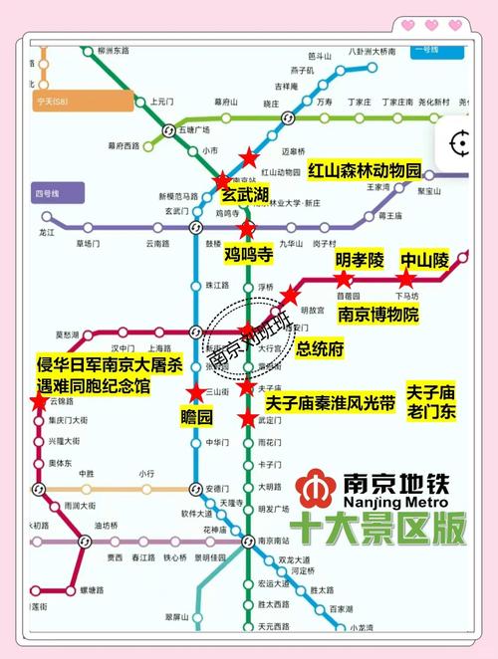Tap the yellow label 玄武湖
(x=244, y=194)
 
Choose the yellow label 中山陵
(x=424, y=260)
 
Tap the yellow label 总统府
(x=320, y=348)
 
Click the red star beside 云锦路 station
(x=39, y=401)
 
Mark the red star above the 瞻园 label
(x=197, y=392)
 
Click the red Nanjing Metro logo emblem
(x=316, y=487)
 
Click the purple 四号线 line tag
(x=48, y=191)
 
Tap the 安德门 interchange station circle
(x=195, y=489)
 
